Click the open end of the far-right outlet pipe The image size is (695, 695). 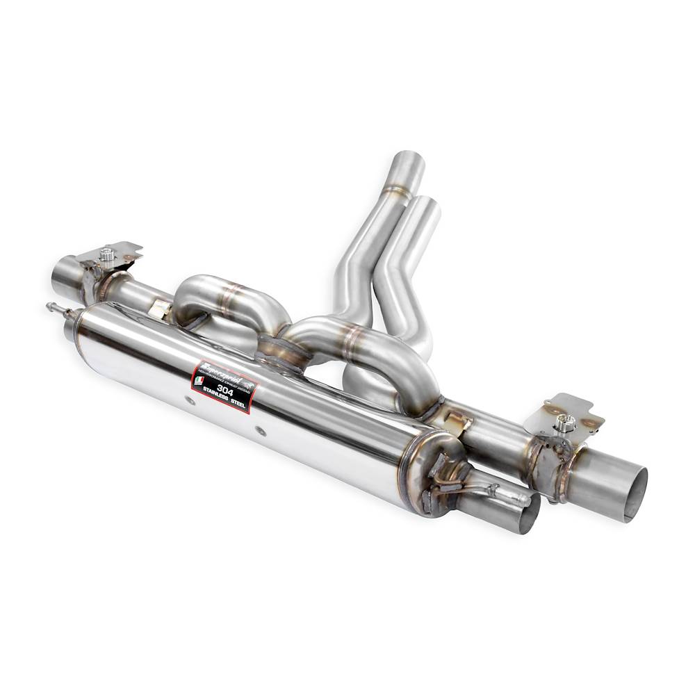pyautogui.click(x=635, y=493)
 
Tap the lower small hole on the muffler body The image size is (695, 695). pyautogui.click(x=261, y=431)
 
